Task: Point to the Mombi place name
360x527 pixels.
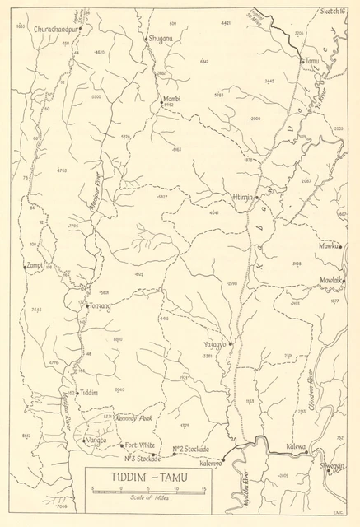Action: (x=171, y=98)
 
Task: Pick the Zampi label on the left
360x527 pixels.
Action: (x=33, y=266)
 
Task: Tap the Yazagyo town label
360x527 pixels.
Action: (x=213, y=344)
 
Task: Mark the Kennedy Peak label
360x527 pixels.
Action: (x=136, y=418)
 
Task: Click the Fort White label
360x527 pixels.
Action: (x=141, y=445)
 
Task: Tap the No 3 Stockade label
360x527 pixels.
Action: (x=142, y=459)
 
